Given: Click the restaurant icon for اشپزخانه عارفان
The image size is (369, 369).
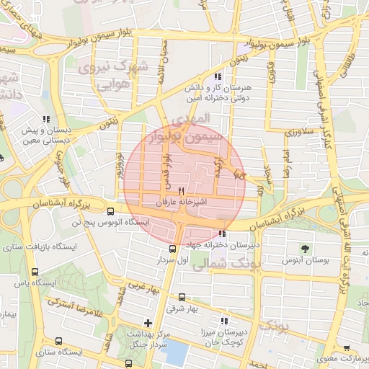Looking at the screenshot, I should point(171,191).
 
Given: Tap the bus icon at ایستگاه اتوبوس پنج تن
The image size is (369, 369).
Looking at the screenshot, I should point(110,211).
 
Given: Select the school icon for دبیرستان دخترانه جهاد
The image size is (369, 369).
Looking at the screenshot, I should point(223,234).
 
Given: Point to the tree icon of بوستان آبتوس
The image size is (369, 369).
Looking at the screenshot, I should point(306,247).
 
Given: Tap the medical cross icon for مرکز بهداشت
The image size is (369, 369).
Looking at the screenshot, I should point(148,323).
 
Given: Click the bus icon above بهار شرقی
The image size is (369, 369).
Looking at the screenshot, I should point(181,296).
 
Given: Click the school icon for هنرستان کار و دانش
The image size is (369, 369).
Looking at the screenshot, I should point(218,77).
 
